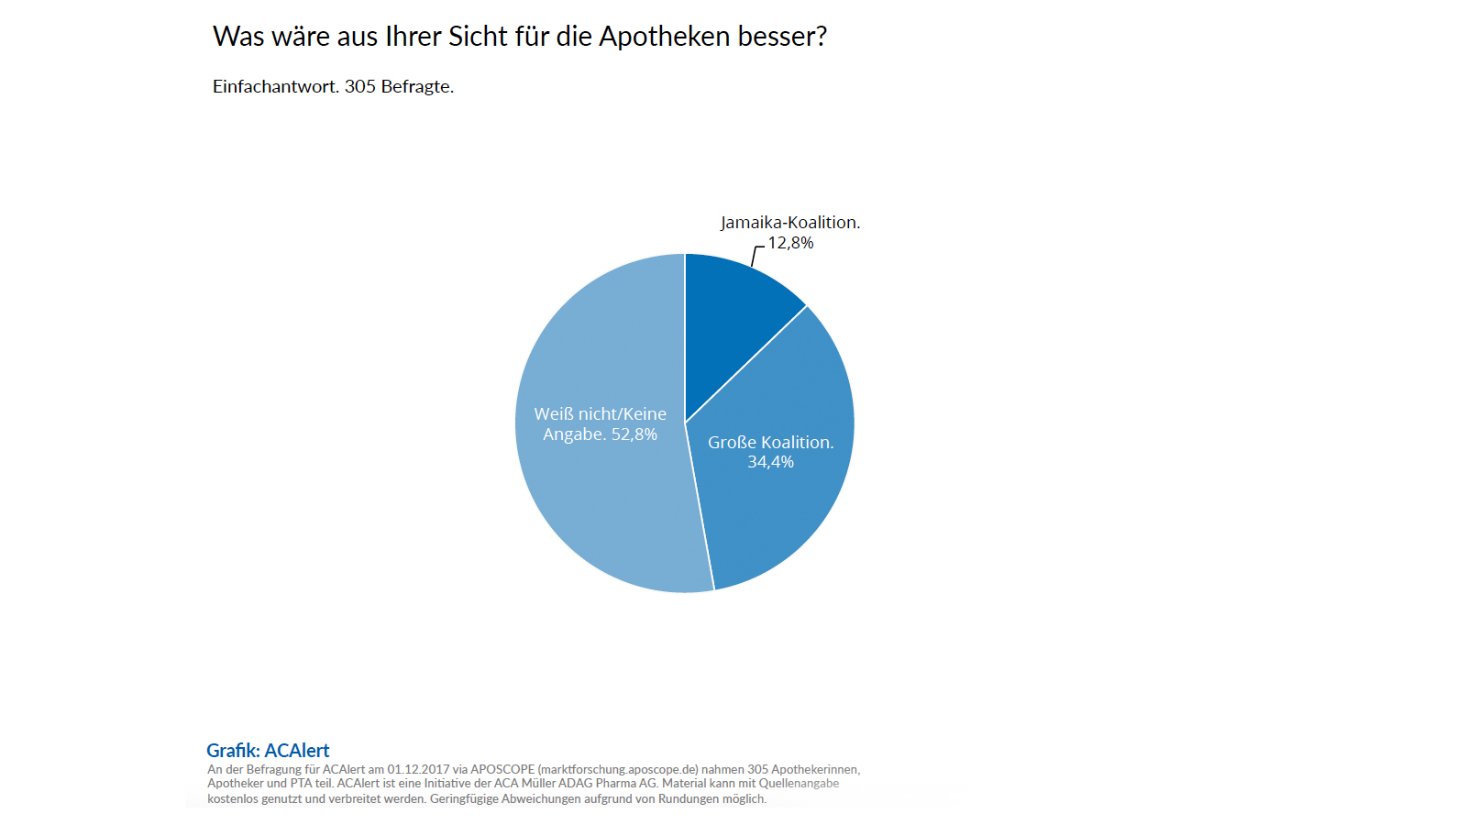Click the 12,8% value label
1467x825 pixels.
coord(790,243)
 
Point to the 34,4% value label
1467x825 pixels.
coord(770,462)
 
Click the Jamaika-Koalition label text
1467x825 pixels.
coord(789,223)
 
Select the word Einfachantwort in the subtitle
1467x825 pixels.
coord(274,86)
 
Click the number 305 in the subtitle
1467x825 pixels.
coord(360,86)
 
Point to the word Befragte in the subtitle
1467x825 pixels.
coord(416,86)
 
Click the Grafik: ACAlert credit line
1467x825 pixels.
coord(268,750)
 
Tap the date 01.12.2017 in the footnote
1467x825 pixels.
coord(418,769)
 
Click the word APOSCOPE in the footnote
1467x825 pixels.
coord(502,769)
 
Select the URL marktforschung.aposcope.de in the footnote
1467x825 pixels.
coord(618,769)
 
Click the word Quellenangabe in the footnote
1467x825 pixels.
coord(799,783)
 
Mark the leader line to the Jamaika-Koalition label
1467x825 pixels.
coord(755,255)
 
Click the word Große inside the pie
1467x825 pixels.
coord(732,442)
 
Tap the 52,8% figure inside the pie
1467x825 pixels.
coord(634,434)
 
